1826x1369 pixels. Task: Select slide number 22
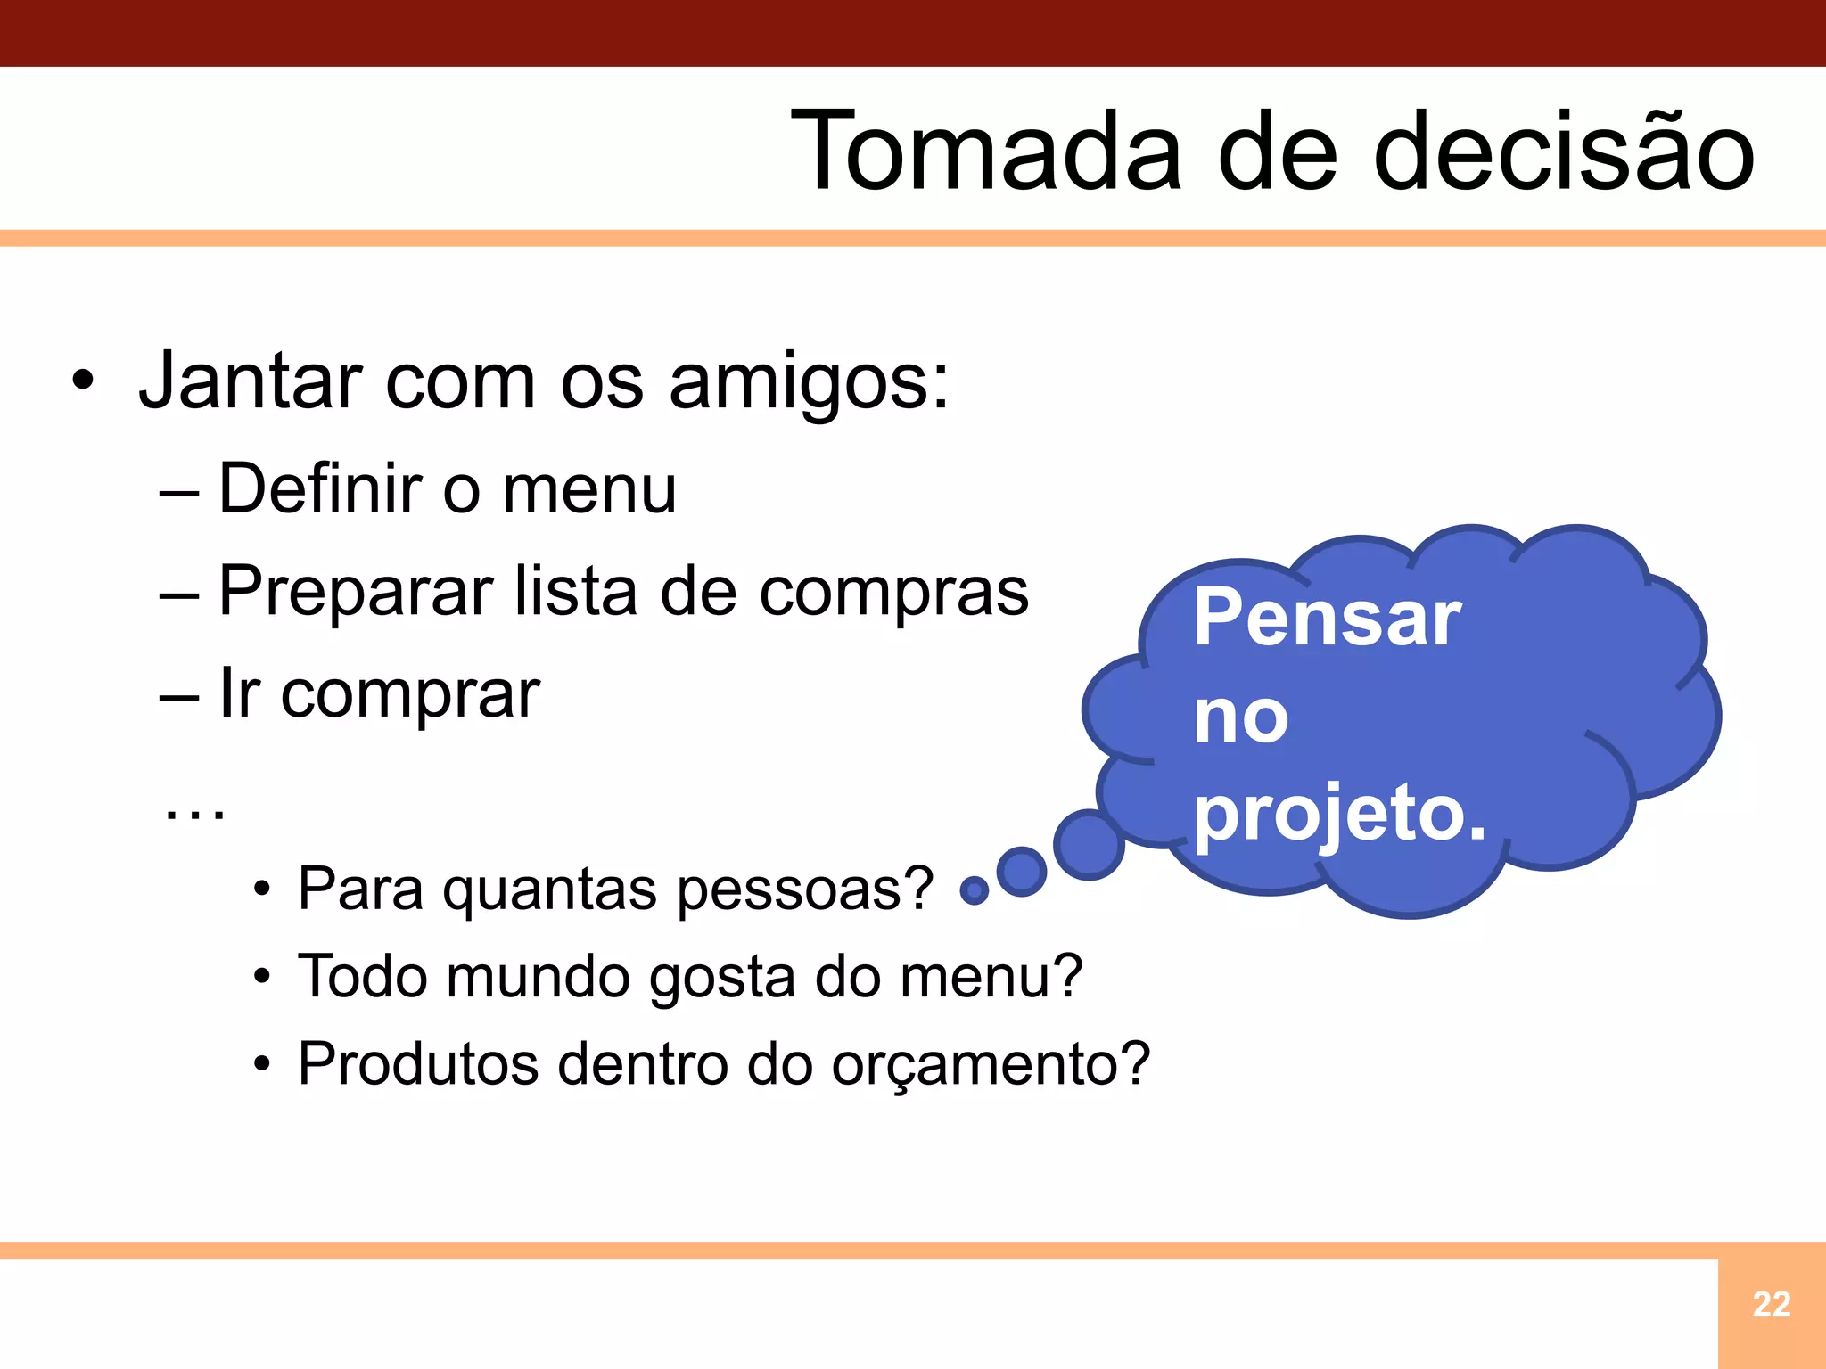tap(1771, 1305)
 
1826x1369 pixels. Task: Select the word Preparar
tap(356, 592)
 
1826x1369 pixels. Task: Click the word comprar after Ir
tap(410, 695)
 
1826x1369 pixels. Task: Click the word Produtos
tap(418, 1063)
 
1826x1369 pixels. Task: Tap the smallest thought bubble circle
tap(975, 889)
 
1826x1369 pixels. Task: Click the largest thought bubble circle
tap(1089, 844)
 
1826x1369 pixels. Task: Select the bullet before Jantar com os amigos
tap(83, 382)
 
